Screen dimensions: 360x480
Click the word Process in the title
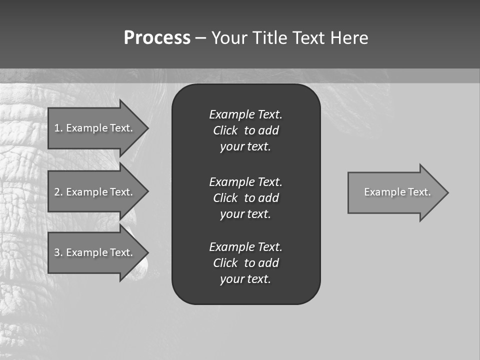tap(157, 38)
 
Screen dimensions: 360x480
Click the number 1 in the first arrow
tap(57, 128)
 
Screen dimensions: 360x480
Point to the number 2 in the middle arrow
tap(57, 192)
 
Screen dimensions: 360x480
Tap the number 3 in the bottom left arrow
tap(57, 252)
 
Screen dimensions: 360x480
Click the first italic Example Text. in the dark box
tap(245, 114)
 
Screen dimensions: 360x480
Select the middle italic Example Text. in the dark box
tap(245, 181)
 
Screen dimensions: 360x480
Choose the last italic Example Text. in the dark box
tap(245, 247)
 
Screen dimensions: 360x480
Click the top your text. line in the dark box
tap(245, 147)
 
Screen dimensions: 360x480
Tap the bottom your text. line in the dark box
tap(245, 279)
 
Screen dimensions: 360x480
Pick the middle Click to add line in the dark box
tap(245, 198)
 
